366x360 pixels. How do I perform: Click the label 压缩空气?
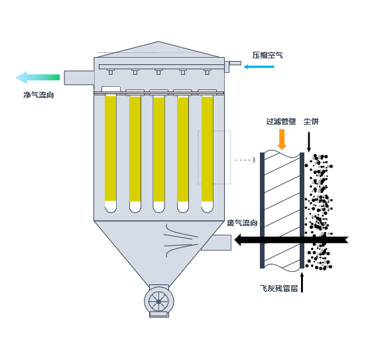[x=267, y=55]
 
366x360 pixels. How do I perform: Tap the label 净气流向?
[x=38, y=95]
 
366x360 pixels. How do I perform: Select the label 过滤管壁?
[x=281, y=121]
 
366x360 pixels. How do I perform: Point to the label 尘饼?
[x=311, y=121]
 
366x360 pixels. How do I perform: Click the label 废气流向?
[x=242, y=223]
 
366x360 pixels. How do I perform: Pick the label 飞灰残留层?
[x=279, y=288]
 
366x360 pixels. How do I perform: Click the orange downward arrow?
[x=282, y=139]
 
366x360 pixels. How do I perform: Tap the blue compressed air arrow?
[x=259, y=67]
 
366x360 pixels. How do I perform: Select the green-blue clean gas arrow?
[x=38, y=78]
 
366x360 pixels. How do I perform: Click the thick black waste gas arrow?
[x=291, y=240]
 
